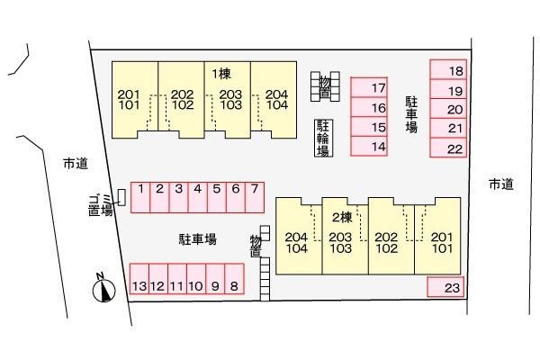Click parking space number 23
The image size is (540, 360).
[x=445, y=286]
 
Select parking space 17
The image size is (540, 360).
[x=369, y=87]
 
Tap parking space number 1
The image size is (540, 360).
[x=140, y=197]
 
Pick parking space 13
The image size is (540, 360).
[x=139, y=279]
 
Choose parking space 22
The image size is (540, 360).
[x=448, y=148]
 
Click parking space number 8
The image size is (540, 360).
[x=235, y=279]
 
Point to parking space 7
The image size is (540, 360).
[x=255, y=197]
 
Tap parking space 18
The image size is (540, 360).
[x=448, y=69]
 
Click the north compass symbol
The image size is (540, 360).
[x=104, y=288]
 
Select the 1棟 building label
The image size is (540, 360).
[x=221, y=74]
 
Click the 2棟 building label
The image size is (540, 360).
[x=342, y=218]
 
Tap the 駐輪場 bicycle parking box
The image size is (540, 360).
[x=323, y=138]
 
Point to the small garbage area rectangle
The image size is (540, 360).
[x=121, y=198]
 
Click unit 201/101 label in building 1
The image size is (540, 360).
[x=129, y=100]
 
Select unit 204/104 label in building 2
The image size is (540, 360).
[x=296, y=243]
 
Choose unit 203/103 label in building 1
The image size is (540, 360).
[x=230, y=100]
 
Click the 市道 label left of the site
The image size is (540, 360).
[x=76, y=164]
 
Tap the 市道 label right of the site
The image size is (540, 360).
[x=501, y=184]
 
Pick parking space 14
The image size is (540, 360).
[x=369, y=146]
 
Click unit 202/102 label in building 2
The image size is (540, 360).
[x=386, y=243]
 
